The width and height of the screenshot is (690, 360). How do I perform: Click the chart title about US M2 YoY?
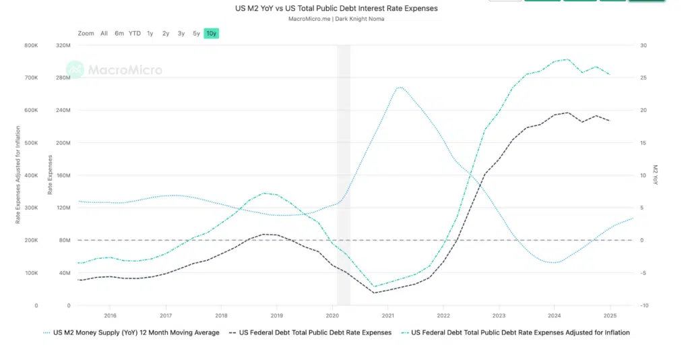[336, 9]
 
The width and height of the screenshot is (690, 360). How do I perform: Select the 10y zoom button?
[212, 33]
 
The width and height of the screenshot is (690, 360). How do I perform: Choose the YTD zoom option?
[135, 33]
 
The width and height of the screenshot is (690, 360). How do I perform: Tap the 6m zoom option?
[119, 33]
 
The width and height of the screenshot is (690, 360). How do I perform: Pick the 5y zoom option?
[196, 33]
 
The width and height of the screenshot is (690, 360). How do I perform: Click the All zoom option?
[104, 33]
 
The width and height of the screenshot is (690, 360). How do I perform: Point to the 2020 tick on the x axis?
[332, 315]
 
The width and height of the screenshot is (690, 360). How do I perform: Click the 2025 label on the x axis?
[610, 315]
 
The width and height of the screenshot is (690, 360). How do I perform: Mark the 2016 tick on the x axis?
[111, 315]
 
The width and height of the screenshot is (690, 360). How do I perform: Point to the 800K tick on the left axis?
[31, 46]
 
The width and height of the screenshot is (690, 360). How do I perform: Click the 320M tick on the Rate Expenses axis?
[63, 46]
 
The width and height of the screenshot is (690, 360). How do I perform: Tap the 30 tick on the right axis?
[644, 46]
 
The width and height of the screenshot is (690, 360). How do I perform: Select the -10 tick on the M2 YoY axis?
[645, 305]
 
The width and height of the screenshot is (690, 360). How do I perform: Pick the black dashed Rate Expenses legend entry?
[311, 332]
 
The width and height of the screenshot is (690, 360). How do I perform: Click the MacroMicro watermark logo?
[114, 69]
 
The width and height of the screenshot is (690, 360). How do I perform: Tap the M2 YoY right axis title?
[654, 175]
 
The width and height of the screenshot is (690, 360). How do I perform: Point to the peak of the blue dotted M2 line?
[400, 87]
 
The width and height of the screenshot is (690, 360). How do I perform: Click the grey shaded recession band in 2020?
[344, 175]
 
